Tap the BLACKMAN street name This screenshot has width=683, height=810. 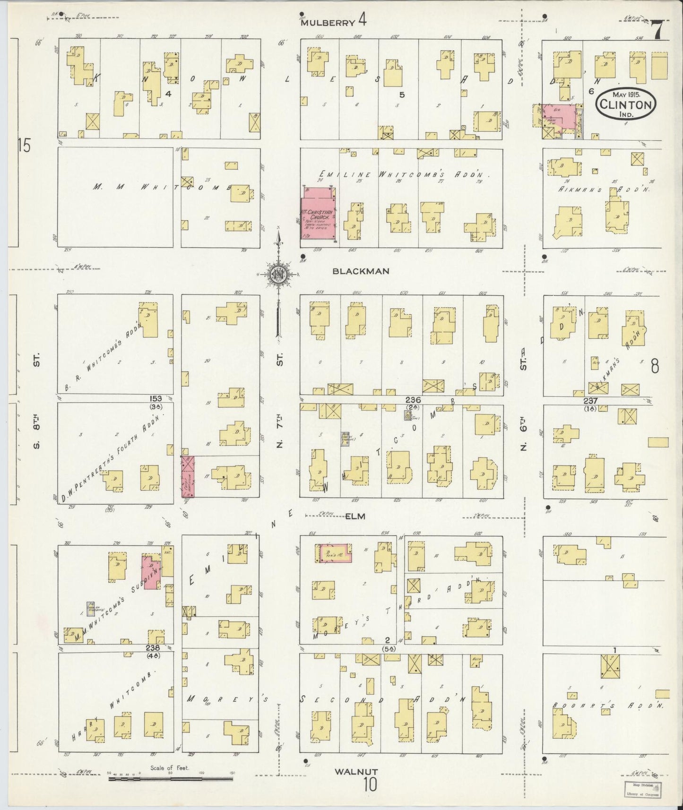coord(361,271)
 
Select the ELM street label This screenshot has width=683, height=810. coord(355,517)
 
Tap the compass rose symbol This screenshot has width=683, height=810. coord(278,274)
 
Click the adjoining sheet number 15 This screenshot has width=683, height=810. coord(24,146)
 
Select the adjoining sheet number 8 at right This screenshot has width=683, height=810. coord(655,366)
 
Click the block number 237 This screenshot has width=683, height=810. coord(591,400)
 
